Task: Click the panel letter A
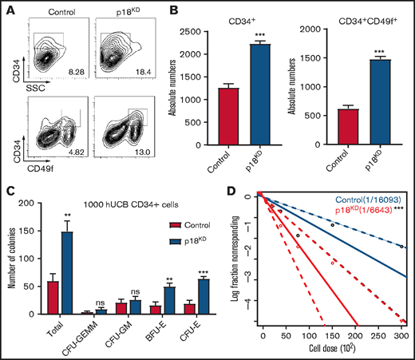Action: click(8, 8)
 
